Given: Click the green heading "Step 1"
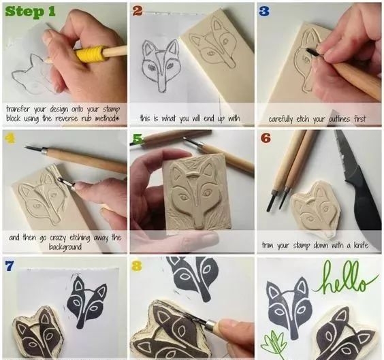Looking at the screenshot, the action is pyautogui.click(x=31, y=12).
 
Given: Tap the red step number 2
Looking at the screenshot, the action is pyautogui.click(x=138, y=11).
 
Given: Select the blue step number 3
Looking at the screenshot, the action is pyautogui.click(x=264, y=11).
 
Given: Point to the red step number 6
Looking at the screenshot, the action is pyautogui.click(x=266, y=138).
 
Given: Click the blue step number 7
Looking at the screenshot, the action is pyautogui.click(x=10, y=266).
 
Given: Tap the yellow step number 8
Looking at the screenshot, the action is pyautogui.click(x=137, y=266).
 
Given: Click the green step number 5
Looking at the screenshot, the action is pyautogui.click(x=138, y=139).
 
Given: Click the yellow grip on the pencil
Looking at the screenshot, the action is pyautogui.click(x=91, y=53).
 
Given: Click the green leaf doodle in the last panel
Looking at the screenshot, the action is pyautogui.click(x=274, y=342).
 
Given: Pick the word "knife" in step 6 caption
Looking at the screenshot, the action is pyautogui.click(x=362, y=245).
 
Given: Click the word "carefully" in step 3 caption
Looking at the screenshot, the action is pyautogui.click(x=281, y=119).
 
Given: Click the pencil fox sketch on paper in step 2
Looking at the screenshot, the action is pyautogui.click(x=160, y=65).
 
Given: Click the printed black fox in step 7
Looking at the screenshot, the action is pyautogui.click(x=86, y=301).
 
